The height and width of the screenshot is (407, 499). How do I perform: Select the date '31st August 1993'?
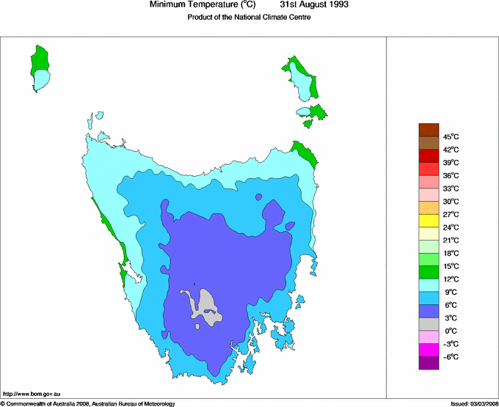tap(309, 5)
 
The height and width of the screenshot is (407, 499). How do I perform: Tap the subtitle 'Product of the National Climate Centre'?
tap(249, 18)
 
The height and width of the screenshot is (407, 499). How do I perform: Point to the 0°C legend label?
tap(450, 331)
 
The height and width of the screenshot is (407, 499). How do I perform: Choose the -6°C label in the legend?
tap(450, 356)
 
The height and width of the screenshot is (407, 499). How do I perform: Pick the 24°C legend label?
tap(450, 227)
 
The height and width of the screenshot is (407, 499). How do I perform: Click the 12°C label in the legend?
tap(450, 279)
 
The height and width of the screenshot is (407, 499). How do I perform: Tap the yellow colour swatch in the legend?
tap(429, 220)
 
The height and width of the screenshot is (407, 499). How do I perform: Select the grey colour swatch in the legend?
tap(429, 323)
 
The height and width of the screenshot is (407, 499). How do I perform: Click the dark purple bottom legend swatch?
tap(429, 362)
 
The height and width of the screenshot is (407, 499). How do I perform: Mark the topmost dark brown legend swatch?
tap(429, 129)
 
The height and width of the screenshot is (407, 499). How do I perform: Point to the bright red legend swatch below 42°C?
tap(429, 155)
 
